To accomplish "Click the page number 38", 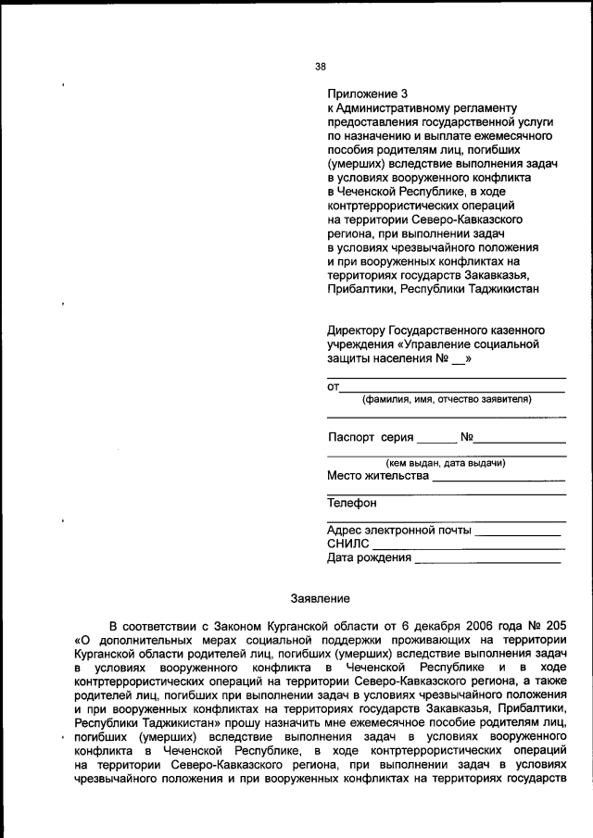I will click(321, 66).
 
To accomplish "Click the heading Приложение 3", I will click(367, 94).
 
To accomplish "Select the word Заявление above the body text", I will click(321, 599).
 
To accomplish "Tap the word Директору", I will click(359, 331).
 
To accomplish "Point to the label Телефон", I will click(352, 504).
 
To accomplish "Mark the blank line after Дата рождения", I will click(487, 561).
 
